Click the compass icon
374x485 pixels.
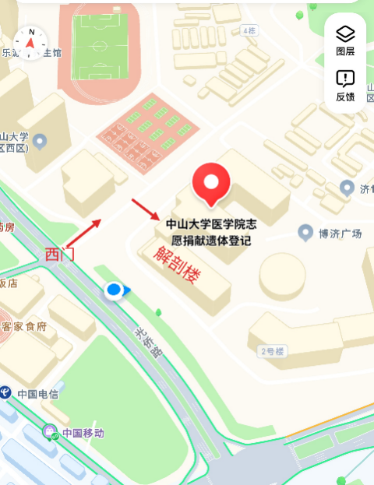[x=30, y=43]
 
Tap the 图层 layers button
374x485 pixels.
[x=345, y=40]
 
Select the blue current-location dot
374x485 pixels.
[x=114, y=291]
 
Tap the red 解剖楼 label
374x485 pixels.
[x=174, y=265]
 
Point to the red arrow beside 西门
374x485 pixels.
[x=86, y=231]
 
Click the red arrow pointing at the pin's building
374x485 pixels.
[x=145, y=209]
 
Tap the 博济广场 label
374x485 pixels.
[x=340, y=232]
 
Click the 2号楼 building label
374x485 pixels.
[x=273, y=350]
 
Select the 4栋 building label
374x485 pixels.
[x=249, y=30]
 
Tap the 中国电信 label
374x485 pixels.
[x=37, y=393]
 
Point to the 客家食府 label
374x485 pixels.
[x=26, y=326]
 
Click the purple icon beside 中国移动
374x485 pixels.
[x=51, y=432]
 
